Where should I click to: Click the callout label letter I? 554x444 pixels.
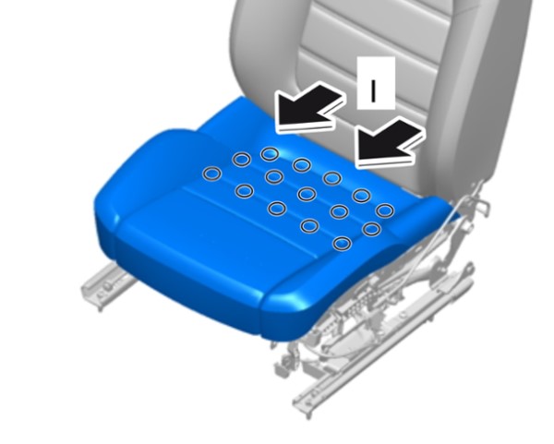click(x=373, y=90)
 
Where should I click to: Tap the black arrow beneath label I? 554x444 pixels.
click(x=389, y=141)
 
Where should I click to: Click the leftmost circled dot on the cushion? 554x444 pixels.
click(x=212, y=174)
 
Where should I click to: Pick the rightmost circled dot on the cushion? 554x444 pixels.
click(x=385, y=210)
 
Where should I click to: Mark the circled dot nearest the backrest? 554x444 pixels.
click(x=270, y=154)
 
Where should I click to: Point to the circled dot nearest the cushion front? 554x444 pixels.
click(x=343, y=244)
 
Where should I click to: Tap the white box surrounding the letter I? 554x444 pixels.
click(x=376, y=83)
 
